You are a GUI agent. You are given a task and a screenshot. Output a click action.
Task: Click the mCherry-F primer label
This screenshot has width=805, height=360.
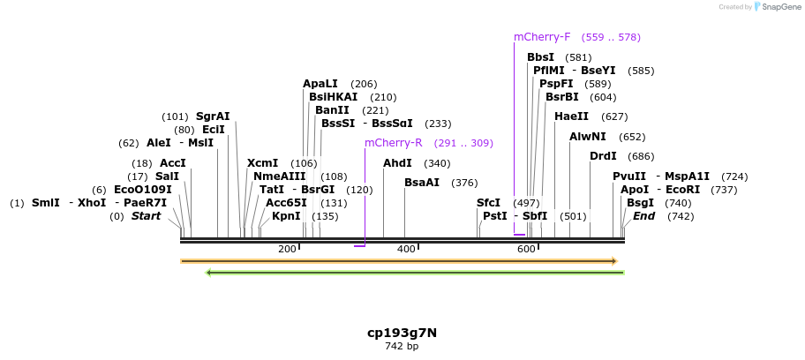542,37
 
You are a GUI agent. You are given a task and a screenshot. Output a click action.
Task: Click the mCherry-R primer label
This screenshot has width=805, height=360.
393,143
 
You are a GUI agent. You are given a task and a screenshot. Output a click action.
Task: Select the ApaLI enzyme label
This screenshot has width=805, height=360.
320,84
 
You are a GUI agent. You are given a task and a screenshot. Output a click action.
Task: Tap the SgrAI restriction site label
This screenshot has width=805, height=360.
213,116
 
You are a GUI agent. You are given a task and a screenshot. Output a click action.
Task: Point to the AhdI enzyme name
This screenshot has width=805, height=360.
397,163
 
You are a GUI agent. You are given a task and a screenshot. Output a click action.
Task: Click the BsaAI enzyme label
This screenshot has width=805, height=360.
422,183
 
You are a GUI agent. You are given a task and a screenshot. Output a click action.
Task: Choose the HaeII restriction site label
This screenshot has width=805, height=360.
571,116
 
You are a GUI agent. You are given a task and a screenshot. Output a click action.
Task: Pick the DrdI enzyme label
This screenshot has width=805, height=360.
603,156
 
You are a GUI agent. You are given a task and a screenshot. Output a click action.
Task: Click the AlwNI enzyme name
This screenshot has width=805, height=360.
588,137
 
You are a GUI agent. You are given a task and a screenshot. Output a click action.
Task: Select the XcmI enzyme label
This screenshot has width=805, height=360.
262,163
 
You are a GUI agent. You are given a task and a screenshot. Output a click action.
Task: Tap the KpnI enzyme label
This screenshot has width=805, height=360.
286,216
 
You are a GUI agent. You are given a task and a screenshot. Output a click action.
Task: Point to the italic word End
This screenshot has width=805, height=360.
644,216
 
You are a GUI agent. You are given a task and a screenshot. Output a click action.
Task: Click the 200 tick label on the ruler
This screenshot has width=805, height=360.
287,250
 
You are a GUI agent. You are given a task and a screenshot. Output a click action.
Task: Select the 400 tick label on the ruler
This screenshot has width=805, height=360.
406,250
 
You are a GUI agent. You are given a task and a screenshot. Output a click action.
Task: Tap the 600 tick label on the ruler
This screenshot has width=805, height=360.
526,250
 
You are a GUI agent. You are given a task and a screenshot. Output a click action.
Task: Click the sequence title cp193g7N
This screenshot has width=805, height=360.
402,333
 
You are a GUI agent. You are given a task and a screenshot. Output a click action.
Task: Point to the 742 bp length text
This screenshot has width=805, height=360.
402,347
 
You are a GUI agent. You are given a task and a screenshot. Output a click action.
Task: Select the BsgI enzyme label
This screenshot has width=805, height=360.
640,203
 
